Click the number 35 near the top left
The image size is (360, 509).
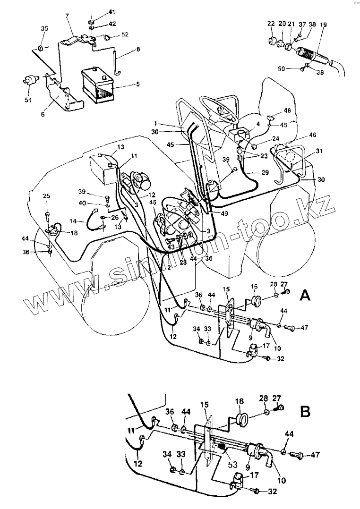(44, 29)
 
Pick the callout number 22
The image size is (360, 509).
(271, 24)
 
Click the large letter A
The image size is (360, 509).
(305, 296)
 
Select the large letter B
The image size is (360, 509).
(306, 411)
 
